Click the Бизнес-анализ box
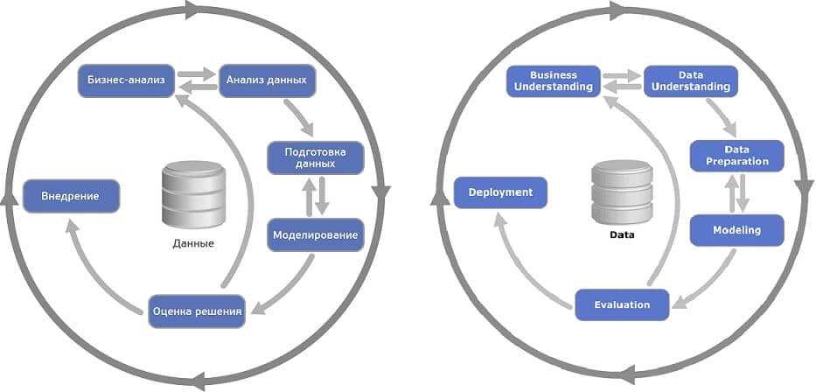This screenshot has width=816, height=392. coord(126,80)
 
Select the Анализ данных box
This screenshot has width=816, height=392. coord(266,80)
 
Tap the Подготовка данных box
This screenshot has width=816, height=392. coord(315,157)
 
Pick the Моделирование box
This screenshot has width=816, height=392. coord(315,234)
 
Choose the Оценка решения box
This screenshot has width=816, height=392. coord(196,310)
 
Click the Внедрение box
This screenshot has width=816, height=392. coord(70,196)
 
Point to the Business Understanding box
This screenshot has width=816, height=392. coord(554,81)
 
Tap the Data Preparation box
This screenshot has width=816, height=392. coord(737,156)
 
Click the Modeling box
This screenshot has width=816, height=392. coord(737,230)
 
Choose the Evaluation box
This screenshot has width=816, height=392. coord(622,304)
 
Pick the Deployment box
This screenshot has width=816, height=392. coord(500,192)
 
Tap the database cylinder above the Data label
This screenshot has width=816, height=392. coord(622,192)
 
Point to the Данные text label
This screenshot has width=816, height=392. coord(193,243)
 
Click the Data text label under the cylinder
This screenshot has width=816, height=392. coord(622,235)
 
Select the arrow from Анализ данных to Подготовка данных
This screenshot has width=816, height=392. coord(298,113)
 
